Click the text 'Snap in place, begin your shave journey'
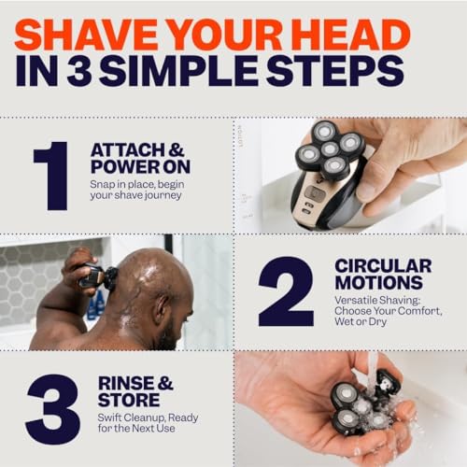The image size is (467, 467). click(144, 197)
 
